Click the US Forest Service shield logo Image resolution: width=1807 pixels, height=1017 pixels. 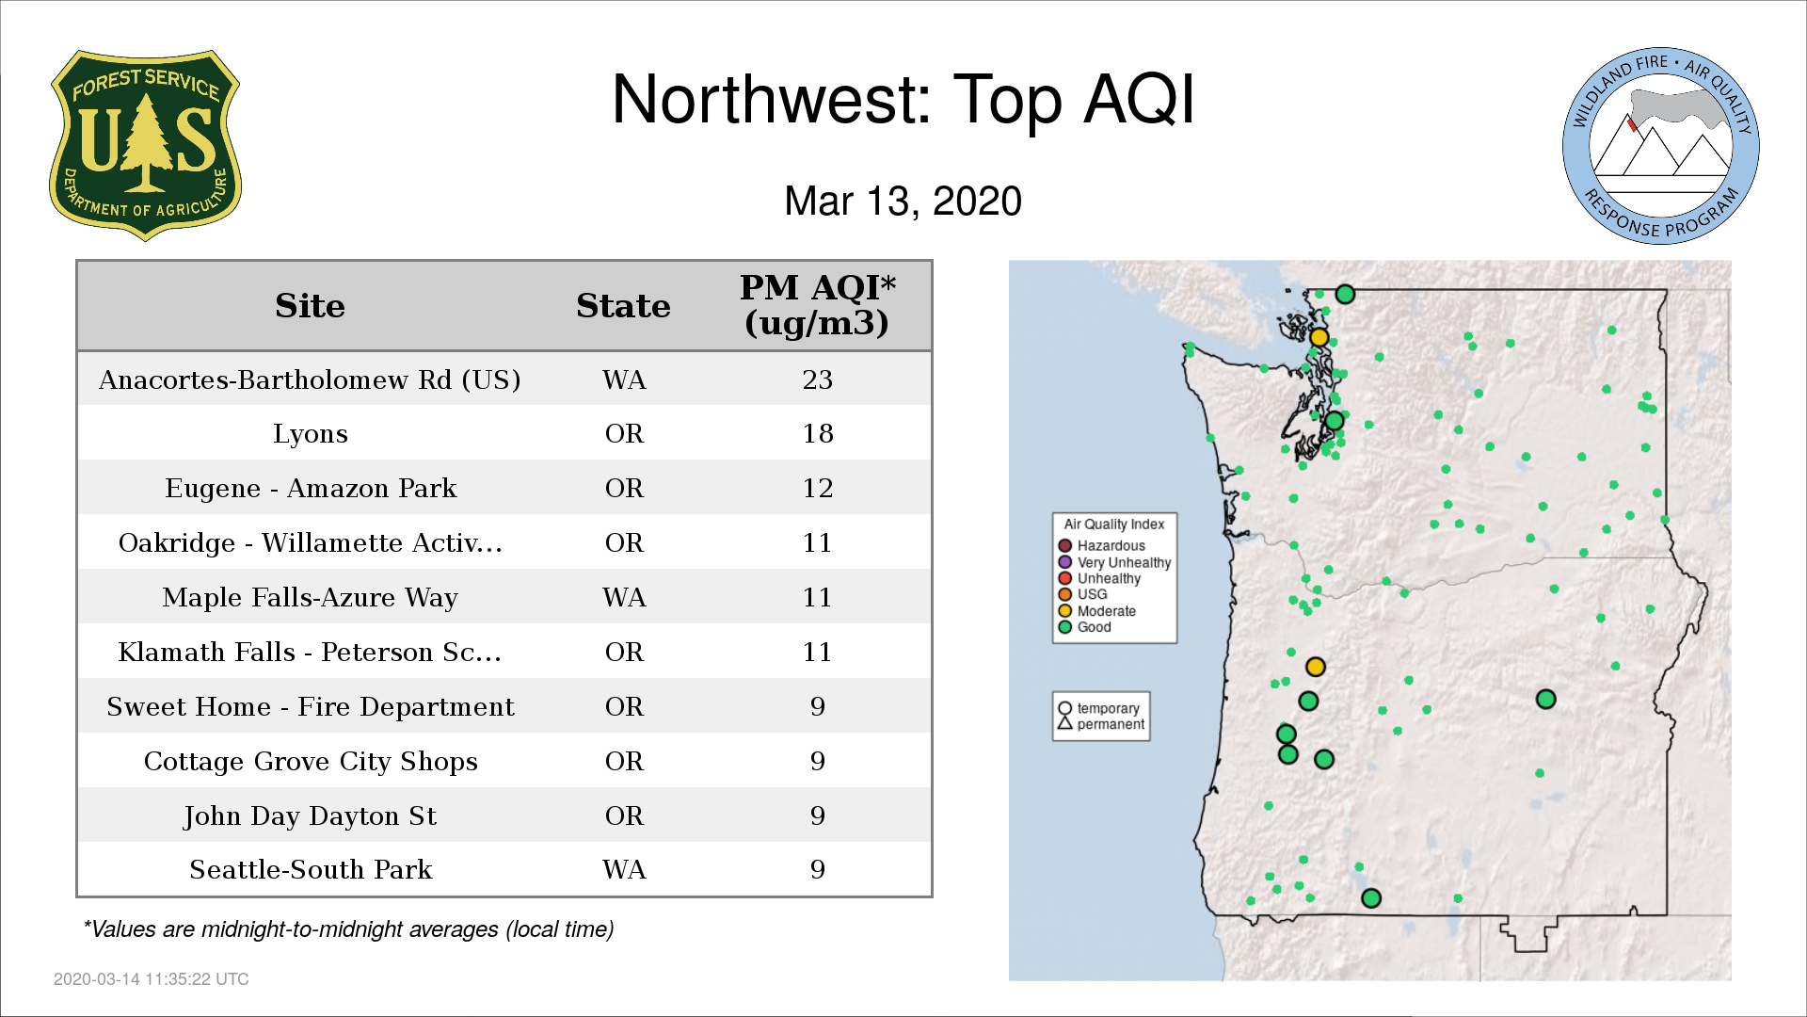(145, 146)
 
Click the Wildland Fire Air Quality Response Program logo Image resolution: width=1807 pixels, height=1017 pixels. (1661, 146)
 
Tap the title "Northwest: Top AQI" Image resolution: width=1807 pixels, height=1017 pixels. (903, 100)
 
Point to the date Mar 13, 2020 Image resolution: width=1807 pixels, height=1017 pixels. (903, 202)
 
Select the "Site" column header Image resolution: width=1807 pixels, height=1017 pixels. (311, 306)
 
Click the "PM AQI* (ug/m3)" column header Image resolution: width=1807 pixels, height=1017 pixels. (817, 305)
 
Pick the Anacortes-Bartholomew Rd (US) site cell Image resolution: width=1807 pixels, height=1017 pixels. (310, 379)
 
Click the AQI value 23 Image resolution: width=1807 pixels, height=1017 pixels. (817, 379)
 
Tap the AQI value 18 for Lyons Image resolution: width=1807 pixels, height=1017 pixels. (817, 434)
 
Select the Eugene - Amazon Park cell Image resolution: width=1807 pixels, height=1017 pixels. (311, 488)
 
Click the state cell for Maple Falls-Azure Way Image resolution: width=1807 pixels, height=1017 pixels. (624, 597)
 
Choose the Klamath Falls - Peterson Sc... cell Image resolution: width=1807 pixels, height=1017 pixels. (310, 652)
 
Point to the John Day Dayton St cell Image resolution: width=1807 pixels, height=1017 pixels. (310, 815)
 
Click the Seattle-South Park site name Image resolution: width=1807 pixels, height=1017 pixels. (311, 869)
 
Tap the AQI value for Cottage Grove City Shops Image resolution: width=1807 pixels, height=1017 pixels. (817, 761)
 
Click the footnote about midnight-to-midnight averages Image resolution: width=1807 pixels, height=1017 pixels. (348, 929)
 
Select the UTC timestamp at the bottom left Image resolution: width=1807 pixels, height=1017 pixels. (152, 979)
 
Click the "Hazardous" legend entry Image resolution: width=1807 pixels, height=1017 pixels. (1101, 546)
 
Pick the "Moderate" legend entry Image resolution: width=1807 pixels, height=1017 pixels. (1096, 611)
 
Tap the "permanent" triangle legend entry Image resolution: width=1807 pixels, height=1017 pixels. (1101, 724)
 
